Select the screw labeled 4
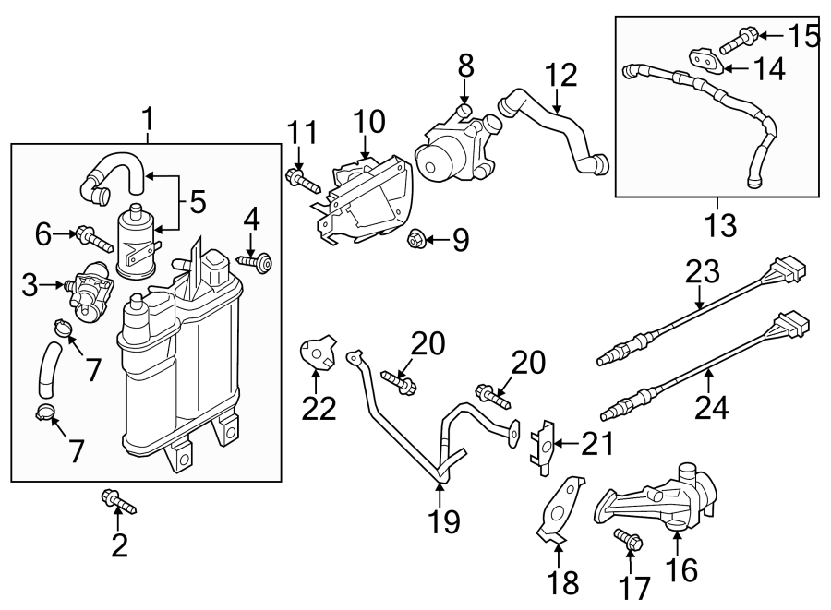[x=259, y=263]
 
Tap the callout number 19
[x=443, y=522]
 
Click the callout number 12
[x=560, y=74]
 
